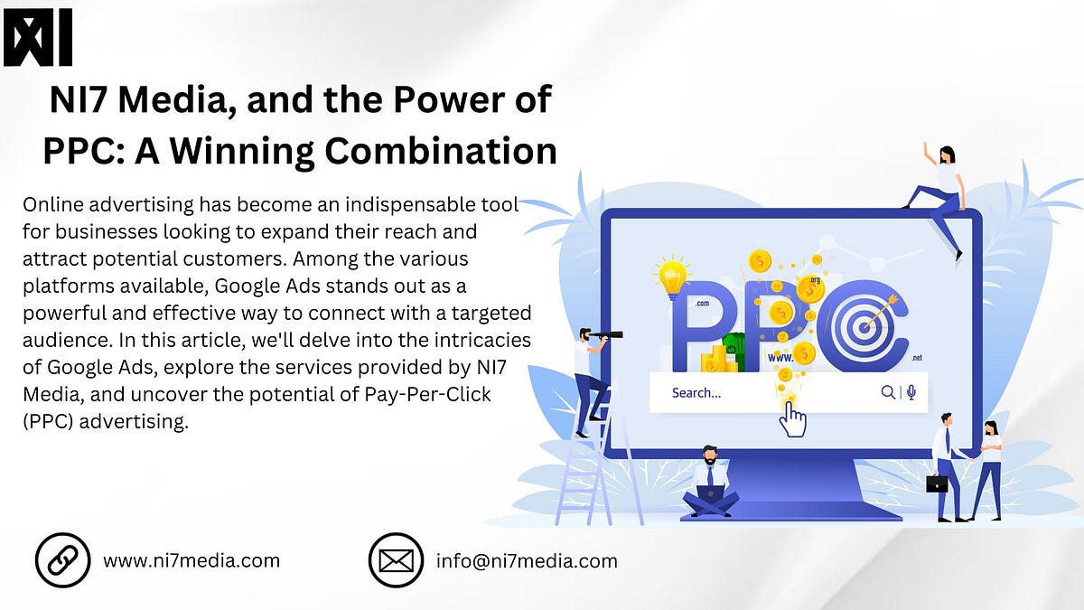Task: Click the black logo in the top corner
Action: click(x=37, y=38)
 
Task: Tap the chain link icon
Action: click(x=62, y=560)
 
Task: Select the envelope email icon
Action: click(x=396, y=560)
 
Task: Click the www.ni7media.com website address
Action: click(x=192, y=560)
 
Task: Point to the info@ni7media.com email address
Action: click(x=527, y=560)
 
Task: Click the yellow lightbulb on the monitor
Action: click(x=672, y=278)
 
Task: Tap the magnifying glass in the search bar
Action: click(x=888, y=392)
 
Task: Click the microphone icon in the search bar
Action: click(x=911, y=392)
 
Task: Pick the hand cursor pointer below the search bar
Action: click(x=792, y=418)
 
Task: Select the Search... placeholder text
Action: click(x=696, y=393)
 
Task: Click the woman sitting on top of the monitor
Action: click(x=939, y=194)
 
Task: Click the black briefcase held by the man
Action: click(x=937, y=483)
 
